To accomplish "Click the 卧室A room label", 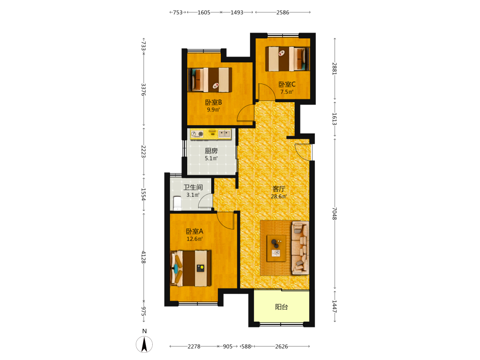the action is point(195,231).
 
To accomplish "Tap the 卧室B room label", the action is point(214,102).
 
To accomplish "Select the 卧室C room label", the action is point(287,84).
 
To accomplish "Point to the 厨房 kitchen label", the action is point(211,151).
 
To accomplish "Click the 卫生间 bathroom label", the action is point(193,187).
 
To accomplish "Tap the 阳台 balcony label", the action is point(281,307).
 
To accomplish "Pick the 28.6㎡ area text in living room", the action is point(278,196).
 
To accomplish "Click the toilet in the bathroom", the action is point(177,203).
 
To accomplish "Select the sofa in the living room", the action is point(300,248).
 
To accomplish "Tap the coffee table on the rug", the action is point(276,248).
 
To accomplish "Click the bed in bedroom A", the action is point(191,268).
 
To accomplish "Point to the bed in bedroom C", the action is point(288,59).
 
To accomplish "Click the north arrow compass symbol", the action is point(144,344).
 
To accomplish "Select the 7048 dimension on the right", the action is point(335,214).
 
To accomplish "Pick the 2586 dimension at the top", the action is point(283,12).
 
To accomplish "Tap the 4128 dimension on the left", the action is point(144,257).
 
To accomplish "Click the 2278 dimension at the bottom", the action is point(194,346).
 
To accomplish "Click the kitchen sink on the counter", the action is point(224,133).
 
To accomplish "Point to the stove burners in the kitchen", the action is point(197,134).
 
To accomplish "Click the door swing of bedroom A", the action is point(226,220).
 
